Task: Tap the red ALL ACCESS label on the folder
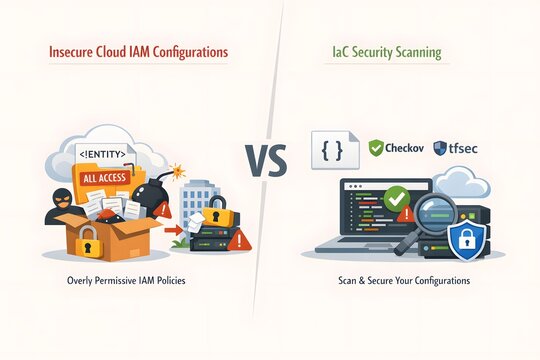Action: point(104,177)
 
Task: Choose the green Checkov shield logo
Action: point(376,148)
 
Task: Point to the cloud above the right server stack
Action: point(465,183)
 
